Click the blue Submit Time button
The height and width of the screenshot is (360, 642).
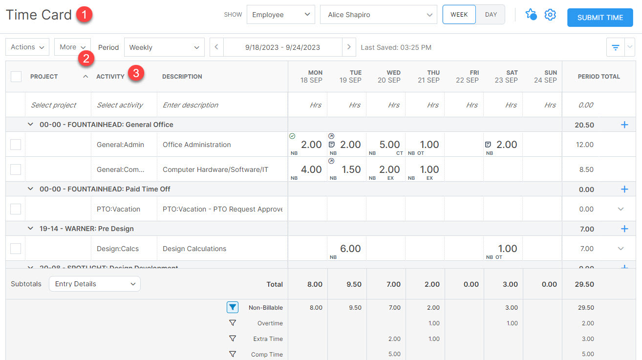tap(600, 18)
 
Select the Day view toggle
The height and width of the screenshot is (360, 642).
tap(491, 15)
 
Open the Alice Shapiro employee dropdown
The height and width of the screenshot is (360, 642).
tap(378, 15)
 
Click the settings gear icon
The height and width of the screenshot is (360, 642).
tap(550, 15)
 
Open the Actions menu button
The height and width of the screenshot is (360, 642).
tap(27, 47)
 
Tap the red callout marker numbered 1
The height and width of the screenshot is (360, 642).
tap(84, 15)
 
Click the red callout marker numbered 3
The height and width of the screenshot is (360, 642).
tap(136, 74)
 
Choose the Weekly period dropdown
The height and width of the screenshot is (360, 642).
tap(164, 47)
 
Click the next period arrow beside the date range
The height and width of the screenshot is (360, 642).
tap(348, 47)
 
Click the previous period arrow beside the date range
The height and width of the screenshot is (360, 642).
tap(216, 47)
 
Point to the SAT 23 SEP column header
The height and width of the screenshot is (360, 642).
tap(506, 76)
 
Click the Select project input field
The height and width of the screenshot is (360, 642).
tap(54, 105)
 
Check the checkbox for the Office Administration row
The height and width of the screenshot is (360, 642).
tap(16, 145)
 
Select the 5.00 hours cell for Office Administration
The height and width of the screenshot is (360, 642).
tap(389, 145)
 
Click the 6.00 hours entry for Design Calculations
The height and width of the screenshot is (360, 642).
tap(350, 249)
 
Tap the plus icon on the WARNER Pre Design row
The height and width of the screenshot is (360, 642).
tap(624, 229)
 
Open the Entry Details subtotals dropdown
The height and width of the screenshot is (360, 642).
tap(95, 284)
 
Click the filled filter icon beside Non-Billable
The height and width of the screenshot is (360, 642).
tap(233, 307)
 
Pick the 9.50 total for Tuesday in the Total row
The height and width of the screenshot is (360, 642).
tap(354, 284)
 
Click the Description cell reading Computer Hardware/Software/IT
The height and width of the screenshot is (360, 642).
tap(215, 169)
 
